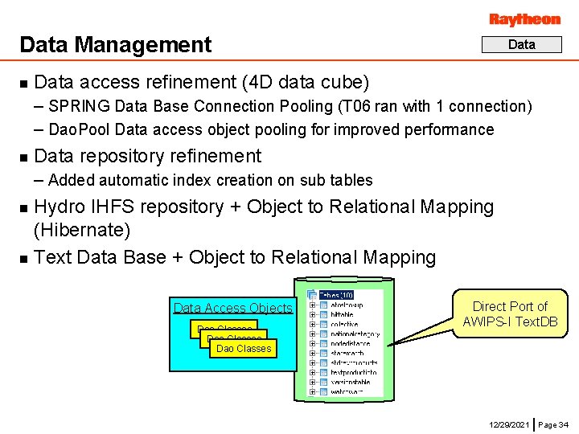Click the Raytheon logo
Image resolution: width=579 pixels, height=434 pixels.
pos(524,19)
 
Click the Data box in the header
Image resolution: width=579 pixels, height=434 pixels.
pos(521,45)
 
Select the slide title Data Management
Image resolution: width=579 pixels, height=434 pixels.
pos(115,45)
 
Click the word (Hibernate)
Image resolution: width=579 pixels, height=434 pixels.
pos(82,231)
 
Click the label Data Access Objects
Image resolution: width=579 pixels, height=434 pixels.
pos(233,308)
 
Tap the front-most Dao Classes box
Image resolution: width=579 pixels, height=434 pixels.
pos(244,349)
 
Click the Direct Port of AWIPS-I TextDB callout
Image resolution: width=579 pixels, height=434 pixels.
pos(510,314)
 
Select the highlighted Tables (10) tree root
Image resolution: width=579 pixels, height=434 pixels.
pos(336,295)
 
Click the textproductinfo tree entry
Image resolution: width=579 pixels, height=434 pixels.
pos(354,372)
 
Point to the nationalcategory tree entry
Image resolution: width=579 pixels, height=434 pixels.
pos(355,334)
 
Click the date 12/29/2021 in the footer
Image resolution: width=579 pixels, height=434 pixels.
pos(509,424)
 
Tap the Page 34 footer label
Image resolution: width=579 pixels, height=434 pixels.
pos(553,424)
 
